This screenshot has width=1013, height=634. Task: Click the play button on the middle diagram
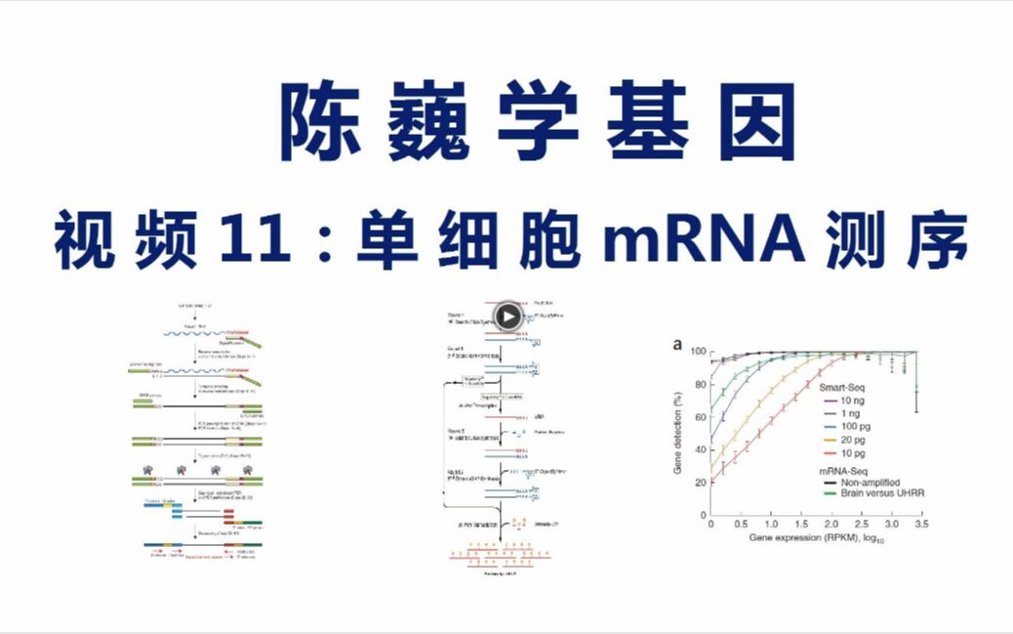coord(507,316)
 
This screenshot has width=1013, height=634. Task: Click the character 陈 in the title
coord(322,122)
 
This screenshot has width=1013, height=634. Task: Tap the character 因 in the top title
coord(752,122)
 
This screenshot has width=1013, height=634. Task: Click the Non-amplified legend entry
coord(871,481)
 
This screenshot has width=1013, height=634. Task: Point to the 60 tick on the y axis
coord(698,416)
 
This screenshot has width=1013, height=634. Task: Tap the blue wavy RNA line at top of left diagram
coord(194,333)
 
